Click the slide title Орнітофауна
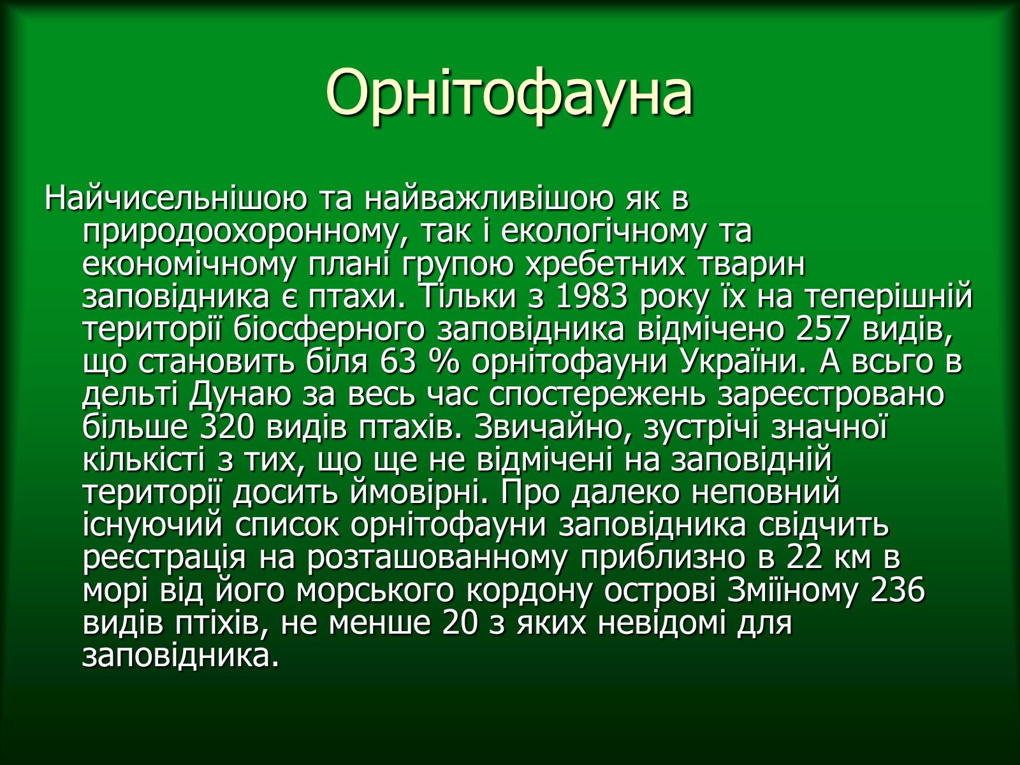[509, 93]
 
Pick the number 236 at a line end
[898, 590]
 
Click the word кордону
[537, 592]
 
